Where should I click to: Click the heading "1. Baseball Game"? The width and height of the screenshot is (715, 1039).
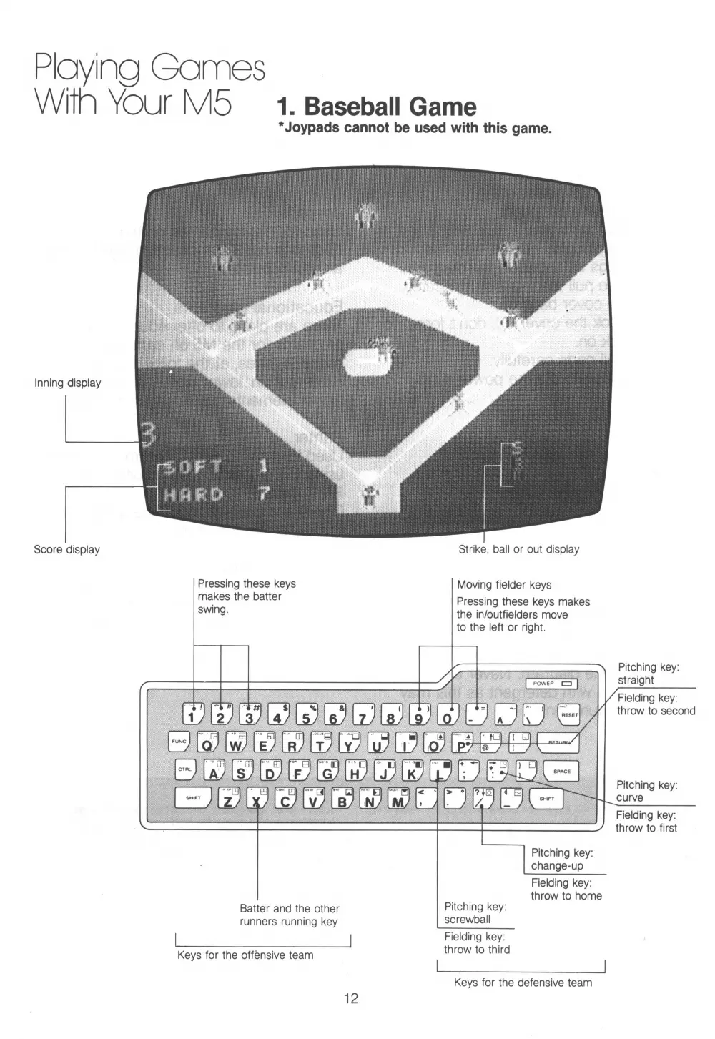click(x=376, y=107)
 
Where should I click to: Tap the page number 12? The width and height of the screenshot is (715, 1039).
click(x=350, y=998)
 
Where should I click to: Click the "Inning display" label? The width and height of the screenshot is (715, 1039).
click(x=68, y=383)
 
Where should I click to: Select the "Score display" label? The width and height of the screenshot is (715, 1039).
click(x=66, y=549)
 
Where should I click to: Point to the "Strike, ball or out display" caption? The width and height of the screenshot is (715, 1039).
click(x=518, y=549)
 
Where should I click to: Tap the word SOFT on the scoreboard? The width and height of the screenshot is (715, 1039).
click(x=193, y=468)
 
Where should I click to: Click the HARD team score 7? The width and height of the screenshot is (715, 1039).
click(x=264, y=493)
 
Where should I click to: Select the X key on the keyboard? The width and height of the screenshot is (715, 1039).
click(x=256, y=799)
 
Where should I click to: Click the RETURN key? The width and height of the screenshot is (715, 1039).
click(x=558, y=743)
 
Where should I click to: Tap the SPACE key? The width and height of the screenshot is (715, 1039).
click(x=561, y=771)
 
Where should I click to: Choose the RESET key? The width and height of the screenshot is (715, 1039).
click(x=568, y=714)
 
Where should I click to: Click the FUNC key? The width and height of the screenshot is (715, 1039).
click(x=179, y=742)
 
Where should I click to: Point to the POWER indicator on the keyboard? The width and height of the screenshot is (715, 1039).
click(x=551, y=684)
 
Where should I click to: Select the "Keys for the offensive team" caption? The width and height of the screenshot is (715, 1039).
click(x=245, y=955)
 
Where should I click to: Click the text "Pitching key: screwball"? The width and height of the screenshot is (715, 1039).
click(x=475, y=913)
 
